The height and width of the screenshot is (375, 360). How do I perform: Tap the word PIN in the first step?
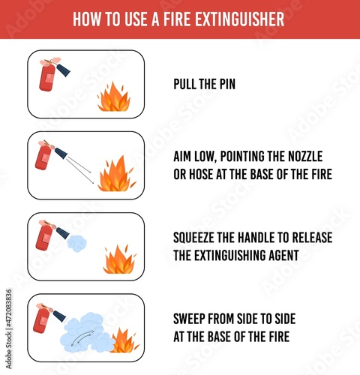pyautogui.click(x=227, y=84)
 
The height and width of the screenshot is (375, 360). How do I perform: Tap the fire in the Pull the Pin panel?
pyautogui.click(x=114, y=97)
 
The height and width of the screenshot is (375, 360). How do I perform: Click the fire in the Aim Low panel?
pyautogui.click(x=117, y=174)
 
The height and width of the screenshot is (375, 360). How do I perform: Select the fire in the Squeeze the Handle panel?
pyautogui.click(x=120, y=259)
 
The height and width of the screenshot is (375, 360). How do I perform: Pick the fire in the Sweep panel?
pyautogui.click(x=125, y=340)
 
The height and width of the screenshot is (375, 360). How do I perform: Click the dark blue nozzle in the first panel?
pyautogui.click(x=63, y=70)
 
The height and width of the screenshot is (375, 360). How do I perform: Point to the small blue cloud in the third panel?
pyautogui.click(x=76, y=243)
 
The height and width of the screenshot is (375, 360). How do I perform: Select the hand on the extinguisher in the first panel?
pyautogui.click(x=52, y=61)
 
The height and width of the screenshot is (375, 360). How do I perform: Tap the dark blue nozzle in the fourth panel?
pyautogui.click(x=60, y=316)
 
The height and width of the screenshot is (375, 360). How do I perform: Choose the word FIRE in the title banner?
pyautogui.click(x=176, y=19)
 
